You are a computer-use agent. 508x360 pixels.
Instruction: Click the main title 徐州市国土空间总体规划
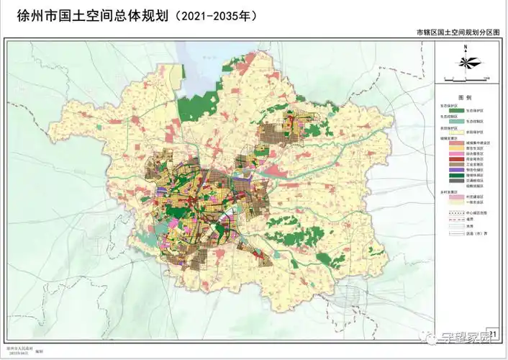[86, 15]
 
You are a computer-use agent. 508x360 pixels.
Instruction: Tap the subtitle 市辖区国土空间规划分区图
[457, 33]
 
